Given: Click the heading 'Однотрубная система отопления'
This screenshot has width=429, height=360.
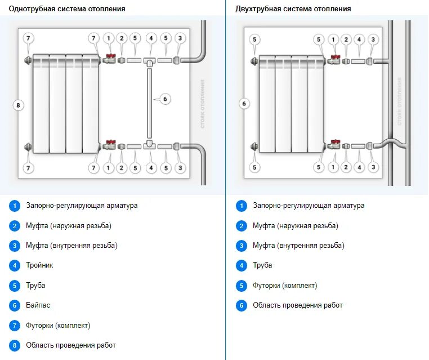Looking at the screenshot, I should [67, 9].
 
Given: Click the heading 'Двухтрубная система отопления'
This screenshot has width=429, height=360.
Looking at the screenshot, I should [292, 9].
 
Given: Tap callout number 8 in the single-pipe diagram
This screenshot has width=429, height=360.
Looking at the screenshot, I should [18, 105].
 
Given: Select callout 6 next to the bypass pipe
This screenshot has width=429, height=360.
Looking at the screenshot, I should [165, 99].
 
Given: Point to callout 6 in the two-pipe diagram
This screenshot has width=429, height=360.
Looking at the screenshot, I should [243, 104].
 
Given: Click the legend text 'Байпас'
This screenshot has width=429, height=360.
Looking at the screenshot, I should [38, 305].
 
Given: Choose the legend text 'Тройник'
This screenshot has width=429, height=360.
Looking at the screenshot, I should [39, 265].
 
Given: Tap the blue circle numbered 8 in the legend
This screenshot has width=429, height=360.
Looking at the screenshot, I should [15, 345].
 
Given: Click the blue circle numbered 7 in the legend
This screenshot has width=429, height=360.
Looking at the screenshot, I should [15, 325].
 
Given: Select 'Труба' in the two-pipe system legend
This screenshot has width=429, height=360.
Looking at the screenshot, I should [262, 265].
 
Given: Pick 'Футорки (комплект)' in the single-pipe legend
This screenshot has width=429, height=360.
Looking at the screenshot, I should [58, 325].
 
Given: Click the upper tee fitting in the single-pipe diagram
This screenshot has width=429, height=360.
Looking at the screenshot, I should [150, 60].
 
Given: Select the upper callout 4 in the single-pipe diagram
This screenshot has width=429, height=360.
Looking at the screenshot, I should [150, 38].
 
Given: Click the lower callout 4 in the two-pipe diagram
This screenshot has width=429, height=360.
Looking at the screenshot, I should [359, 167].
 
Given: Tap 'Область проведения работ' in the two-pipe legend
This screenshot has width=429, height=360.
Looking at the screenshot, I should [297, 305].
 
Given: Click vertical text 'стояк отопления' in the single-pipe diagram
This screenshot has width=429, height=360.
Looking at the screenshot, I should [202, 104].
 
